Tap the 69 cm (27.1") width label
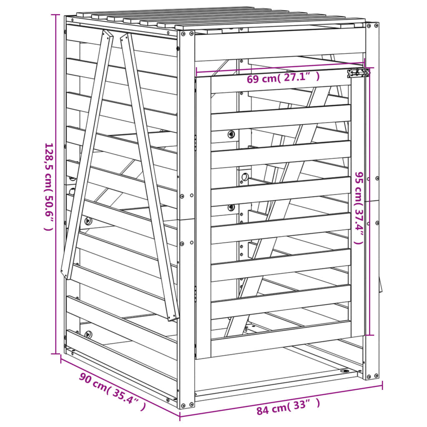pyautogui.click(x=283, y=78)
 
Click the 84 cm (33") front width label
pyautogui.click(x=288, y=407)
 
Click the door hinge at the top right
pyautogui.click(x=358, y=73)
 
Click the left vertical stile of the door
pyautogui.click(x=203, y=217)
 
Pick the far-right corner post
pyautogui.click(x=372, y=200)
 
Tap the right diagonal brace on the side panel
pyautogui.click(x=149, y=175)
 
